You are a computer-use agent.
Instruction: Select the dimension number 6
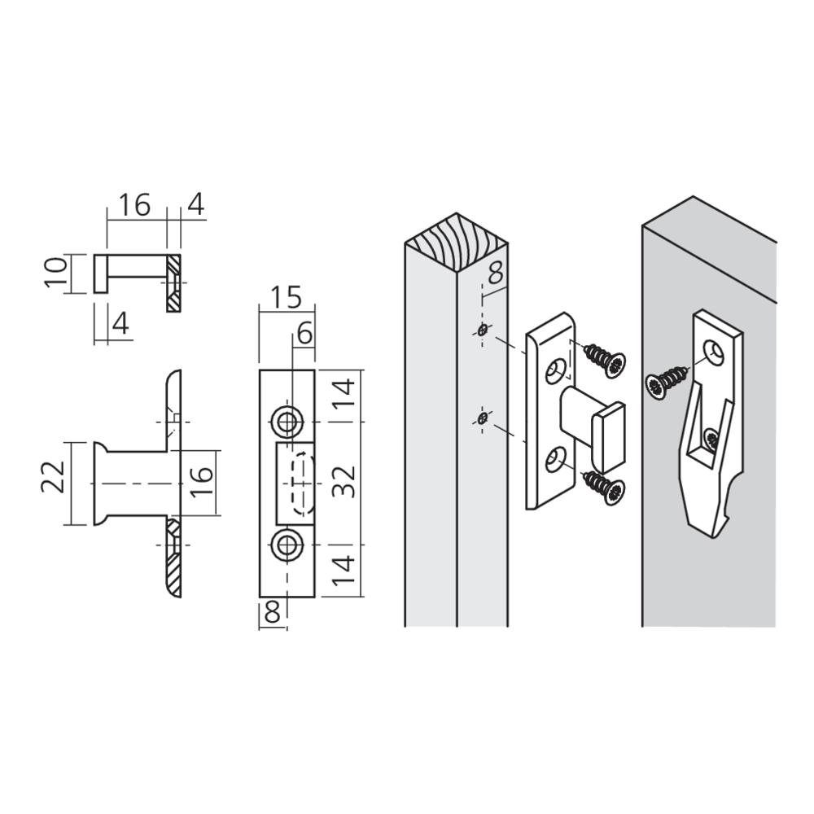point(304,332)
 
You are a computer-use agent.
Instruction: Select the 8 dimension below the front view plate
point(272,612)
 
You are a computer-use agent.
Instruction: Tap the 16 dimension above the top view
point(135,205)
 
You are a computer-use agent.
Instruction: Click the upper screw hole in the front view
point(287,421)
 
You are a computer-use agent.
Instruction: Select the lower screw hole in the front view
point(287,545)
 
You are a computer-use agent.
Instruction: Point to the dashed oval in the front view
point(302,482)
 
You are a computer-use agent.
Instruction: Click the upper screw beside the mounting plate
point(604,358)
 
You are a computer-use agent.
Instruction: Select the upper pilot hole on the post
point(483,330)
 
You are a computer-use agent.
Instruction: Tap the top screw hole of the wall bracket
point(716,352)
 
